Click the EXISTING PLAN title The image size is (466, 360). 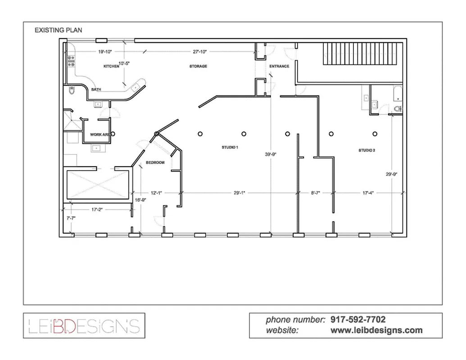click(x=59, y=30)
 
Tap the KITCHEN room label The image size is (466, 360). click(x=111, y=66)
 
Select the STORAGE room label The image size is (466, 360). click(x=198, y=66)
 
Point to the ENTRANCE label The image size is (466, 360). click(x=279, y=67)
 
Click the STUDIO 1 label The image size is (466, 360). click(x=230, y=147)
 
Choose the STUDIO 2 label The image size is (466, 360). click(x=366, y=150)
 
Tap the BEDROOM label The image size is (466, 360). click(x=155, y=162)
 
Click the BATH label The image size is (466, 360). click(x=96, y=90)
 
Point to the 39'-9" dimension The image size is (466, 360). click(x=271, y=154)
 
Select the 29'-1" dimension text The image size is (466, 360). click(x=240, y=193)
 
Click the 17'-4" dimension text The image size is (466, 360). click(x=367, y=193)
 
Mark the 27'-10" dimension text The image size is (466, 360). click(x=199, y=52)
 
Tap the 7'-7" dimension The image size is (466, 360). click(x=71, y=218)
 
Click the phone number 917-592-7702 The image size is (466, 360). click(x=358, y=320)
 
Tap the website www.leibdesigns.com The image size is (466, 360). click(x=376, y=330)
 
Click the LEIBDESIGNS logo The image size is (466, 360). click(x=84, y=325)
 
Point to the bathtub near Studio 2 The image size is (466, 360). click(x=397, y=94)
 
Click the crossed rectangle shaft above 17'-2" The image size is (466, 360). click(x=98, y=183)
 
